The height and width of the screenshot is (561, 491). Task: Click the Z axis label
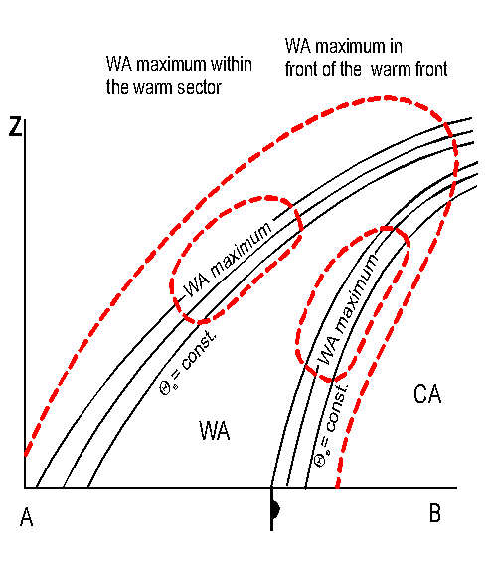click(x=15, y=127)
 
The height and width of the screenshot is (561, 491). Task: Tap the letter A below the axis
click(x=26, y=517)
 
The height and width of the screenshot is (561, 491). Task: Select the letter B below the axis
click(x=435, y=513)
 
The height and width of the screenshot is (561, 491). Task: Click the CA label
click(x=427, y=394)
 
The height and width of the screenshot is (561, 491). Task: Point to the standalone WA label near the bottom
click(x=214, y=431)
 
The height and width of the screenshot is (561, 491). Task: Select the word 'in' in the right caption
click(x=397, y=46)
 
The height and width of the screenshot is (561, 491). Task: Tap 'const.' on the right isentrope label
click(x=337, y=408)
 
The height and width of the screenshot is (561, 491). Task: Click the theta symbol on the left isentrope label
click(x=165, y=388)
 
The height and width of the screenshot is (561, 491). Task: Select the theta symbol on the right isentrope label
click(x=319, y=460)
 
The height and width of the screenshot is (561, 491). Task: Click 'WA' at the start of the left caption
click(x=119, y=64)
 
